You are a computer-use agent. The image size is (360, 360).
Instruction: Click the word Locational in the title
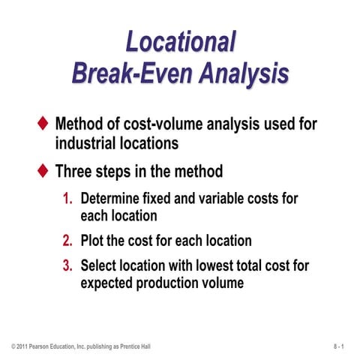coord(180,41)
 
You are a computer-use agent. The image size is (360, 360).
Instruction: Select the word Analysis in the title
coord(238,74)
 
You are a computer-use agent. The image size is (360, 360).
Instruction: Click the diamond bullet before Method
coord(43,122)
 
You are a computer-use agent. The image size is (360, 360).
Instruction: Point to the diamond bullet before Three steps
coord(43,171)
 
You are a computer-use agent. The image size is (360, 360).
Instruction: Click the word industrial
coord(87,142)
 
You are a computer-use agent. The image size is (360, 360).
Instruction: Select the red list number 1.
coord(67,199)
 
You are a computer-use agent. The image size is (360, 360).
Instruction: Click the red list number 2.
coord(67,241)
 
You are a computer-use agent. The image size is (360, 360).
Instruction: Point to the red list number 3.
coord(67,265)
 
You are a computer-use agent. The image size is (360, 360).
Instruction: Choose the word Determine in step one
coord(112,199)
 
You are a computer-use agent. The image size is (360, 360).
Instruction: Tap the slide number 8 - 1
coord(339,346)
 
